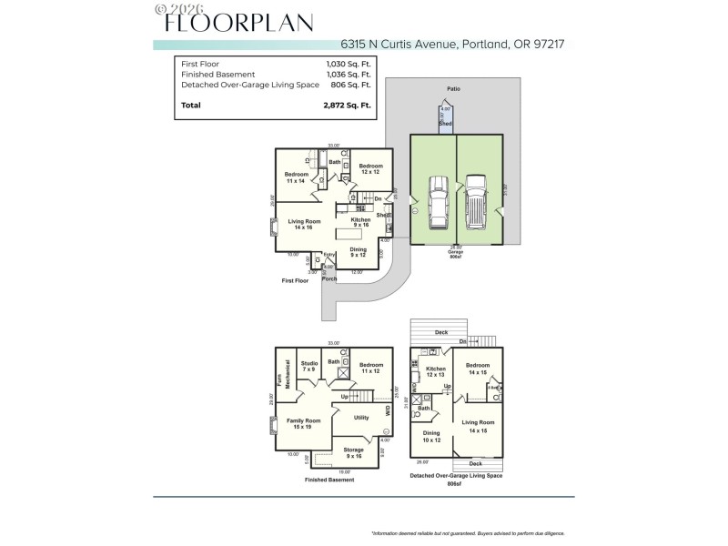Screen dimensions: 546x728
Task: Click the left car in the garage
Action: tap(437, 201)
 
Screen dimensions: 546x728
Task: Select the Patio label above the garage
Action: tap(452, 89)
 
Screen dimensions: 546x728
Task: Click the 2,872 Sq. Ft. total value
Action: tap(347, 106)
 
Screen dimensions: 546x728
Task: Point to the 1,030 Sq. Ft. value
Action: tap(349, 64)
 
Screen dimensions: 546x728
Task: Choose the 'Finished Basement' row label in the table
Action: tap(217, 74)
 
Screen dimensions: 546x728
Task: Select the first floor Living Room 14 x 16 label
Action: tap(304, 224)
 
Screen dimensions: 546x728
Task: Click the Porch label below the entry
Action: tap(329, 278)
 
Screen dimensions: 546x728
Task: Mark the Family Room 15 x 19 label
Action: tap(304, 423)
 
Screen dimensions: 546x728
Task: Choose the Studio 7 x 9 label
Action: tap(309, 366)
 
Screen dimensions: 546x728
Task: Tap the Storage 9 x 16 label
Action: tap(352, 452)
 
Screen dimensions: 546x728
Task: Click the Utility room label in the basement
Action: tap(361, 418)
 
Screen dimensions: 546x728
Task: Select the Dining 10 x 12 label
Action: tap(430, 437)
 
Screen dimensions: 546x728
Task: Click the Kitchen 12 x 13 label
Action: tap(436, 371)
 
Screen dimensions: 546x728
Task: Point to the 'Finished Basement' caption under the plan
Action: tap(329, 480)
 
